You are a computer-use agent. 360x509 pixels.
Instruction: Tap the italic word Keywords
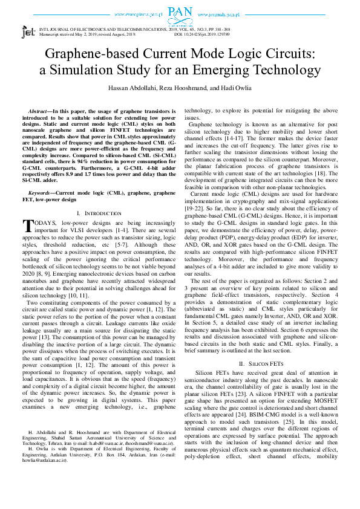pyautogui.click(x=41, y=192)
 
